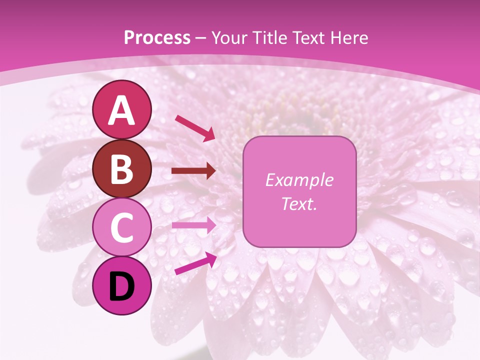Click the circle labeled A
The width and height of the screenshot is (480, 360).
coord(122,109)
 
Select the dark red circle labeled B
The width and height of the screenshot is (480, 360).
coord(122,168)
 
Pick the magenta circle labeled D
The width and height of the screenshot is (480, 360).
coord(122,285)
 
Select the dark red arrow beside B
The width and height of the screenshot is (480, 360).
coord(193,171)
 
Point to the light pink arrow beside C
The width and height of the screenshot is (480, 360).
coord(193,225)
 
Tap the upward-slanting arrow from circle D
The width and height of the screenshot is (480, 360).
coord(195,263)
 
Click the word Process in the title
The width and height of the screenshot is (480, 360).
coord(157,38)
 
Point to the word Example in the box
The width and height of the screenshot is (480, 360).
coord(299,180)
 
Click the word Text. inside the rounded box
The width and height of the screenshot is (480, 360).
coord(299,204)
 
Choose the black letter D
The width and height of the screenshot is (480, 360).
coord(122,286)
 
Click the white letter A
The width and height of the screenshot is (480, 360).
coord(122,110)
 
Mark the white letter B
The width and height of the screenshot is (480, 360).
coord(122,169)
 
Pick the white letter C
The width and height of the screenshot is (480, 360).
coord(122,227)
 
